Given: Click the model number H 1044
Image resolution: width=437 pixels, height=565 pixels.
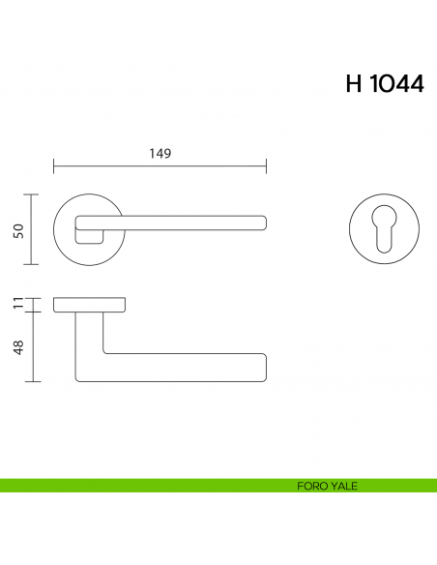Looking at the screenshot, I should pos(384,84).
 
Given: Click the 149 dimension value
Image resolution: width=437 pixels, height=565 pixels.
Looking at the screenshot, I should pos(160,152).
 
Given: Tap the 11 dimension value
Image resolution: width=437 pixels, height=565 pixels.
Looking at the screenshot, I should pos(17,306).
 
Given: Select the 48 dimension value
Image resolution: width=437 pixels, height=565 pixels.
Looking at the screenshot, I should pos(17,347).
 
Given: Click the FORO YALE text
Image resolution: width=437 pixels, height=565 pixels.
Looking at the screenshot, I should pos(328,486).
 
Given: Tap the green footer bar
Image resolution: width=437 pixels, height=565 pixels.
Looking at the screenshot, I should pos(145,486).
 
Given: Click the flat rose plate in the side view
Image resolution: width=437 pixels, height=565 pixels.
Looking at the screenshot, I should pos(89,307).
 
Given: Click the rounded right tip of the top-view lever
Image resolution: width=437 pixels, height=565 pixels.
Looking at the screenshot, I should pos(265,222).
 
